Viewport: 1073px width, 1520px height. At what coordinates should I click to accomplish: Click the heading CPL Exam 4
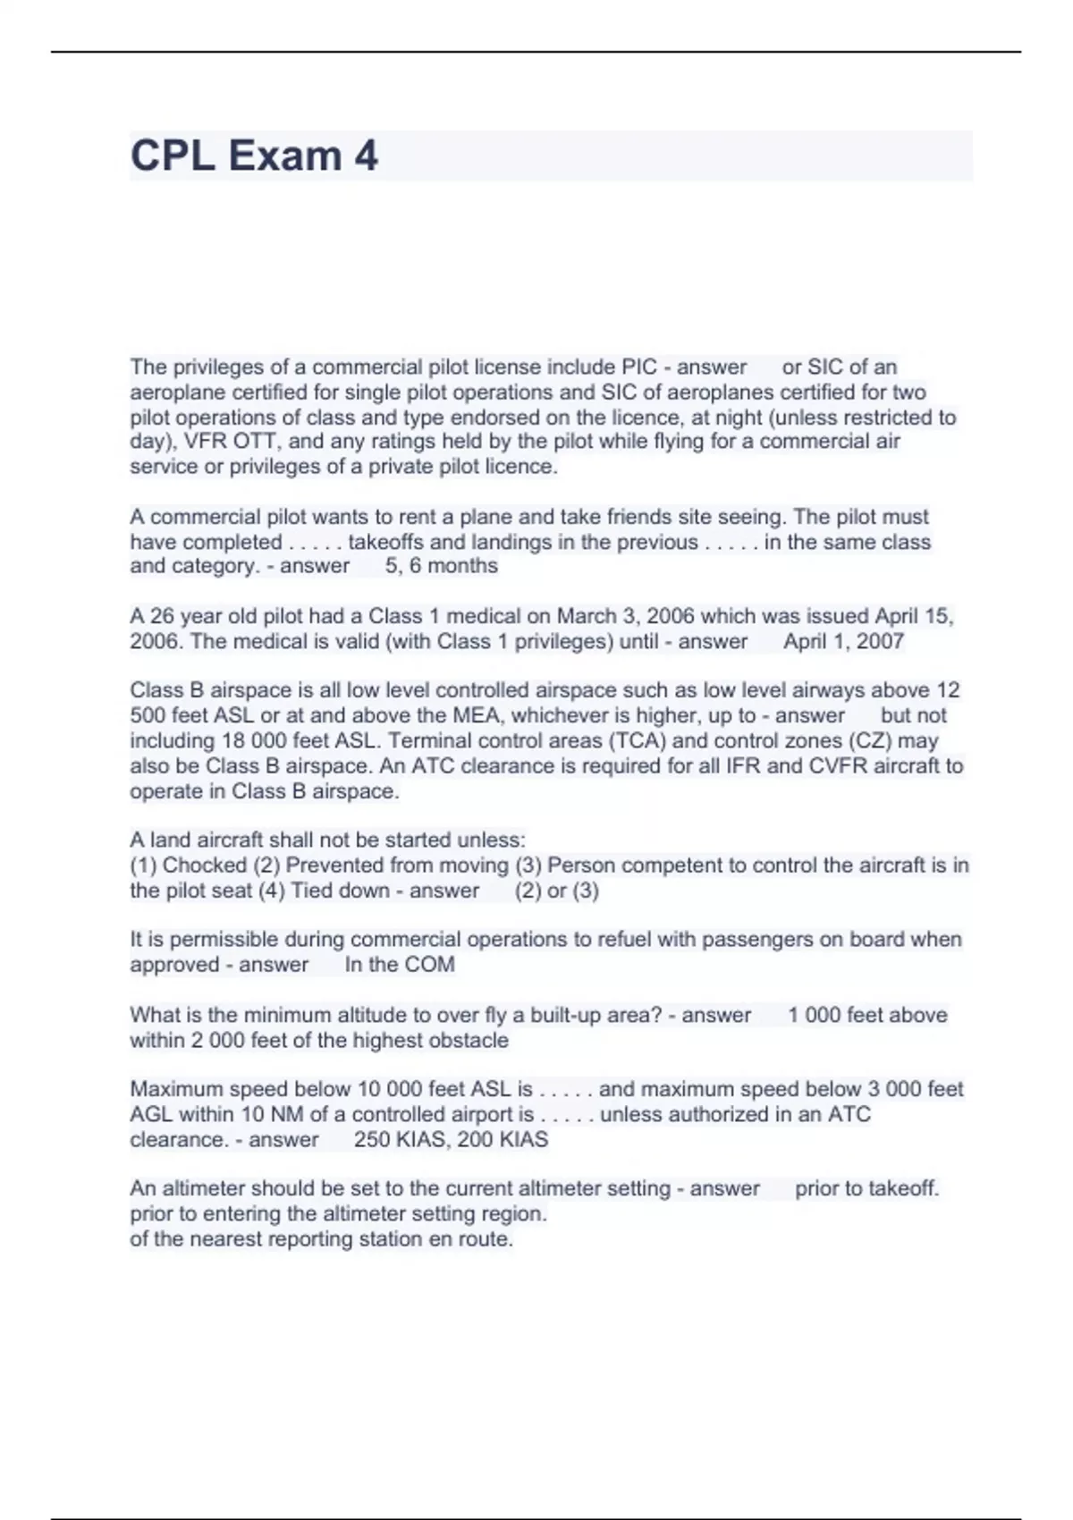254,156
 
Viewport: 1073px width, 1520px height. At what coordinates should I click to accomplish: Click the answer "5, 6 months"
442,566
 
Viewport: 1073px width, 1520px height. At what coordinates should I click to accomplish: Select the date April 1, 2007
843,641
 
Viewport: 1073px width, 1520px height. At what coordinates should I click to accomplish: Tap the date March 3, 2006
621,616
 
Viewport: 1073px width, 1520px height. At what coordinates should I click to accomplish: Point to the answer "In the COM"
400,965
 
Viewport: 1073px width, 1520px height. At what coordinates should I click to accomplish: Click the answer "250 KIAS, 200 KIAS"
451,1140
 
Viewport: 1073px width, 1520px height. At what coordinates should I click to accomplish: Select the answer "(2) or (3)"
557,891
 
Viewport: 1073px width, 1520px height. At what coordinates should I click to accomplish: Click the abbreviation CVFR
836,766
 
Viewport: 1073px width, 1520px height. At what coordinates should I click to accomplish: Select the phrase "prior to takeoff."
866,1189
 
